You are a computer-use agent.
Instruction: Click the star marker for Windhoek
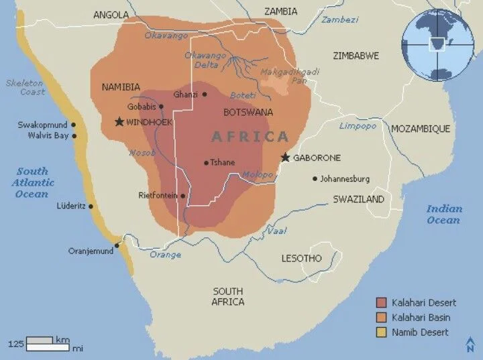coord(119,122)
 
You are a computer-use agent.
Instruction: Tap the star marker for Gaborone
coord(285,158)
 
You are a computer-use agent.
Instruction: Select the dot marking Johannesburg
coord(315,178)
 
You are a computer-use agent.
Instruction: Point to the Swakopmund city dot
coord(73,125)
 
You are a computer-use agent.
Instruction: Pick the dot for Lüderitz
coord(91,206)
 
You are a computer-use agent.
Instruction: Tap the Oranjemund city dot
coord(117,245)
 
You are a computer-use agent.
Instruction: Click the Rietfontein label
coord(158,196)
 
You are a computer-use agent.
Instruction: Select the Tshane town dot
coord(206,162)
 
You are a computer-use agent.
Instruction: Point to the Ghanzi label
coord(185,95)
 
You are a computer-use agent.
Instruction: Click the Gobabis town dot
coord(161,106)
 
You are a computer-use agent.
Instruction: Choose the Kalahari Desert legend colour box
coord(382,302)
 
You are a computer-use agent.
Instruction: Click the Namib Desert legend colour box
coord(382,332)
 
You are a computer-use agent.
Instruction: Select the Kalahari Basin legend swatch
coord(382,317)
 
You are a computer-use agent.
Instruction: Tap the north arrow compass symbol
coord(470,345)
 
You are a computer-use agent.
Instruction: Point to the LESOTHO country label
coord(301,258)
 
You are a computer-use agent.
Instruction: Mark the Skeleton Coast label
coord(25,87)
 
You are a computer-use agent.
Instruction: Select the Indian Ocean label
coord(444,214)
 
